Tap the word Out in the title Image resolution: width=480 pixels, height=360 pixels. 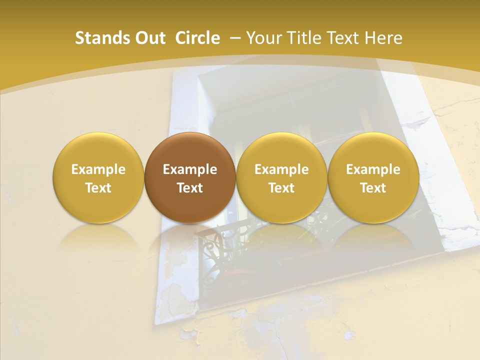coord(149,38)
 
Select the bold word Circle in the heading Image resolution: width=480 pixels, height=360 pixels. coord(197,38)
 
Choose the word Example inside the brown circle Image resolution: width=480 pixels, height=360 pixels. coord(190,169)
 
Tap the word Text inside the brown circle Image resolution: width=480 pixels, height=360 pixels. coord(190,188)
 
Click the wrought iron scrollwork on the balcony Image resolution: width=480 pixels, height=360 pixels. coord(220,245)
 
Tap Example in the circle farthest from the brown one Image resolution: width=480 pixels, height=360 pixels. coord(373,169)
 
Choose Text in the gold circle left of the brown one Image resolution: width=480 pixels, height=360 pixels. coord(98,188)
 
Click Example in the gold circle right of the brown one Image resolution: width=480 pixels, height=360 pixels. coord(281,169)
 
